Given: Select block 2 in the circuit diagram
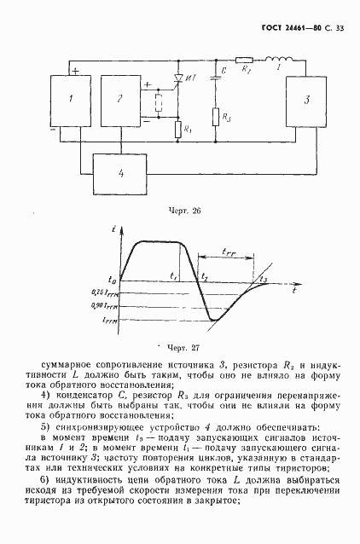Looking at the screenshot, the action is point(119,101).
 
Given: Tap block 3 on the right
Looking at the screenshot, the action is point(306,101).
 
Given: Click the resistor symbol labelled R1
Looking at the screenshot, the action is point(177,130).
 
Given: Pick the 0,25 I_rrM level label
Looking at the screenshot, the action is point(107,292).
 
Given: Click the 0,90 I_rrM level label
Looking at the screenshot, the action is point(107,305).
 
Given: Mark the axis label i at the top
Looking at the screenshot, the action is point(114,229).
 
